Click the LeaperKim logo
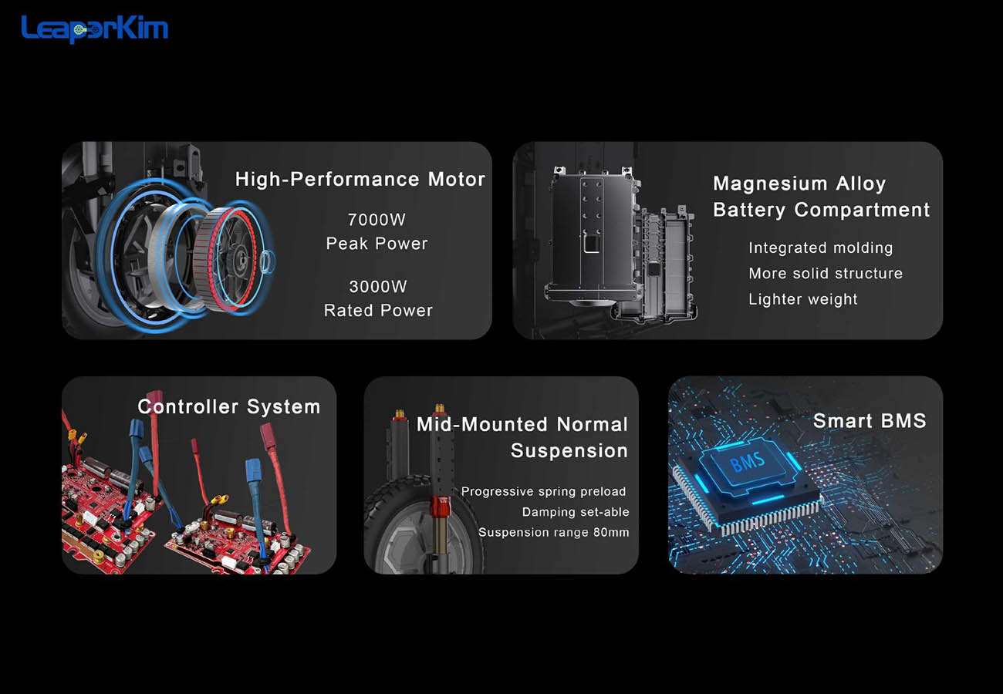pos(94,29)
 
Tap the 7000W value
pos(377,220)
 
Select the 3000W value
pos(378,286)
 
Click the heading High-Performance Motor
pos(360,179)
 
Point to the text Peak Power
pos(377,244)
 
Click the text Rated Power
pos(378,310)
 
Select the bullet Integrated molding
pos(821,248)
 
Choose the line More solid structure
pos(826,273)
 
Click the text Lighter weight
pos(803,299)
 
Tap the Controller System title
pos(229,406)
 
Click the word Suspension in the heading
pos(569,450)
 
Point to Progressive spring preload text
pos(544,491)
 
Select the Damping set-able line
pos(576,512)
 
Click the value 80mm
pos(611,532)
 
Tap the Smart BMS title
pos(870,420)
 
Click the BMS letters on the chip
pos(747,462)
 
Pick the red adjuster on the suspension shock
pos(439,506)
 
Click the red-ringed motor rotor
pos(227,260)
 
